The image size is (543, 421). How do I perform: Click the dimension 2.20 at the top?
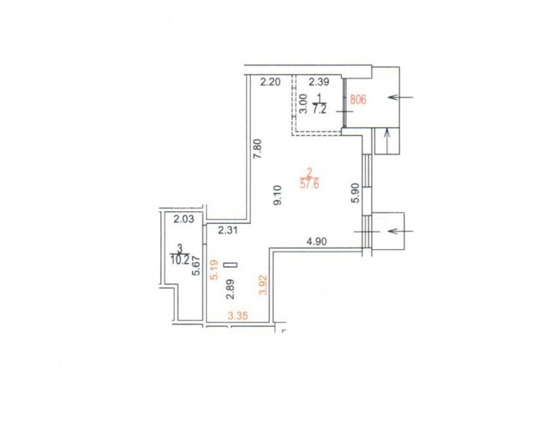tap(270, 82)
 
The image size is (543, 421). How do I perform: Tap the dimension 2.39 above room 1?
tap(319, 82)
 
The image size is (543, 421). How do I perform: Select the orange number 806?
tap(358, 100)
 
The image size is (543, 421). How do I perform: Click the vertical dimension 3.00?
tap(303, 104)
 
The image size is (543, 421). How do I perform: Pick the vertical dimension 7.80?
tap(258, 149)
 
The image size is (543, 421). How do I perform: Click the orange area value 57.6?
tap(310, 184)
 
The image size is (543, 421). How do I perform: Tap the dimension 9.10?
tap(278, 195)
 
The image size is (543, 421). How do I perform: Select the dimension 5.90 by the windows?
tap(356, 194)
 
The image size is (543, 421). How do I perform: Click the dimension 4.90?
tap(317, 241)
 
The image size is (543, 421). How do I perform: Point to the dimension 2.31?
tap(228, 230)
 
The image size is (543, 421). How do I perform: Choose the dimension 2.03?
tap(184, 219)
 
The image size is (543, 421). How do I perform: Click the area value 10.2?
tap(180, 260)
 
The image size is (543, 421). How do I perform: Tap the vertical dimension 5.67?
tap(197, 266)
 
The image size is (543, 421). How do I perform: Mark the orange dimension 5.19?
tap(214, 270)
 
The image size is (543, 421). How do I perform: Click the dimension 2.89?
tap(231, 289)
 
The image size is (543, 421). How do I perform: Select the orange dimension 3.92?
tap(263, 285)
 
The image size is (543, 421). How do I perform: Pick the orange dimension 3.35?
tap(238, 316)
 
